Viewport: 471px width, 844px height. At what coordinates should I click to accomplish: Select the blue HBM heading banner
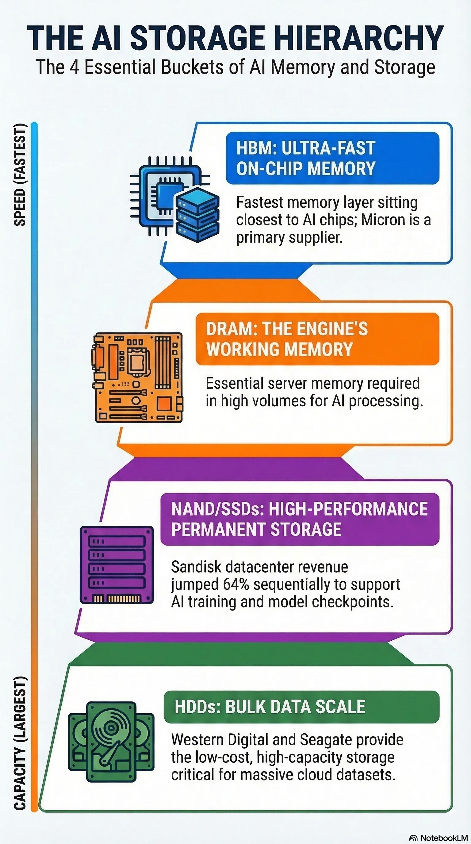tap(332, 158)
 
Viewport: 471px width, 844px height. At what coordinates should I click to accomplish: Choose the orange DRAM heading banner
tap(317, 339)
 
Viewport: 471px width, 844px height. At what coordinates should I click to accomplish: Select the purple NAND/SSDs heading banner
tap(300, 519)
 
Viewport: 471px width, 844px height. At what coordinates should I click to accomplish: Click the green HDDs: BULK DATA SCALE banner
tap(301, 706)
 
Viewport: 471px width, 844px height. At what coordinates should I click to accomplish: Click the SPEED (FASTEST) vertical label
tap(20, 175)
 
